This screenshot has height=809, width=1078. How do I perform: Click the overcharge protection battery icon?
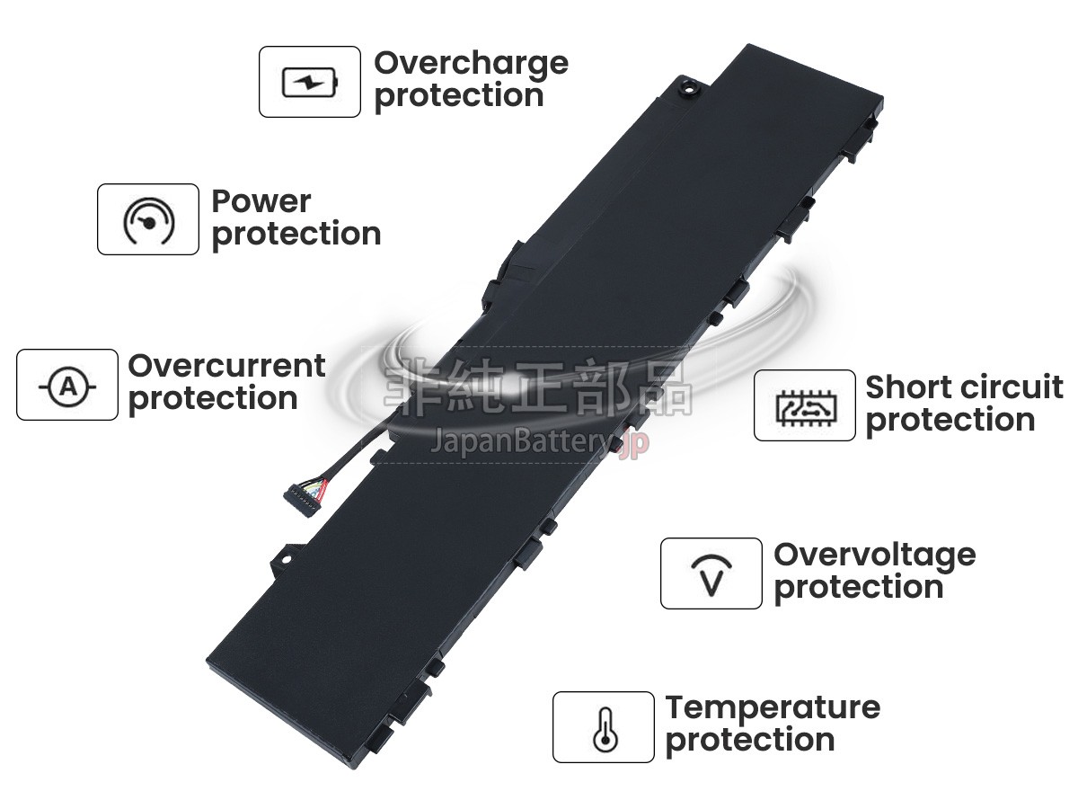point(310,82)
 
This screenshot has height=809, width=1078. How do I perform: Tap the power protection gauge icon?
point(148,219)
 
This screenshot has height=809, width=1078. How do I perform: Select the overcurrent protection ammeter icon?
point(67,385)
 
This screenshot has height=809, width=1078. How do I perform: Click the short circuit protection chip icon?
point(805,405)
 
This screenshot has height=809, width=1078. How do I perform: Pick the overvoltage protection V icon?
point(711,573)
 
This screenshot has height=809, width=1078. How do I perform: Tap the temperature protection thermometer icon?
point(604,727)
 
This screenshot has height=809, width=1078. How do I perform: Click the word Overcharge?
point(471,64)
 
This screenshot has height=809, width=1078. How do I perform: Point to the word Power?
point(261,200)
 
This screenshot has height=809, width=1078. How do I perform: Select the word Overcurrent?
point(226,366)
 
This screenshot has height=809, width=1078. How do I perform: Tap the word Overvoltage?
point(874,555)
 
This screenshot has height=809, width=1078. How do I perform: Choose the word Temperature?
point(773,707)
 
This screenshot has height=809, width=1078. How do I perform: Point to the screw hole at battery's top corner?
point(691,88)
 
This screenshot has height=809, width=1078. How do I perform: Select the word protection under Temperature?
point(750,741)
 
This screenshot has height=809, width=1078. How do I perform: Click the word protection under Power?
point(296,234)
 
